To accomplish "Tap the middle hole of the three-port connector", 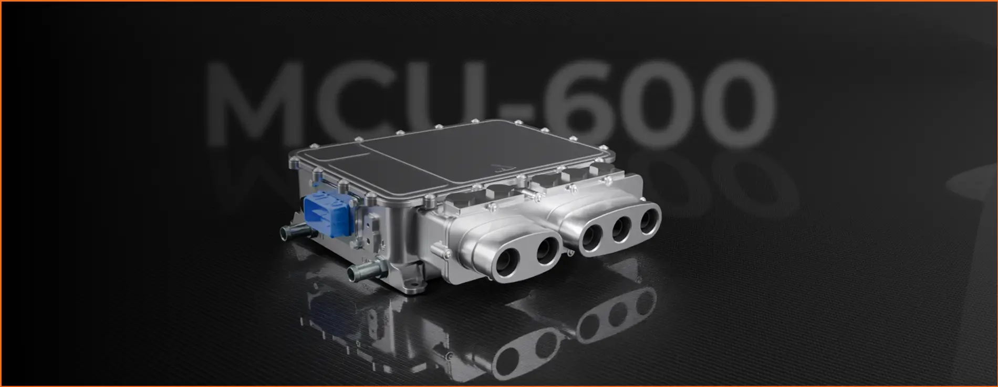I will coord(621,228).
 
